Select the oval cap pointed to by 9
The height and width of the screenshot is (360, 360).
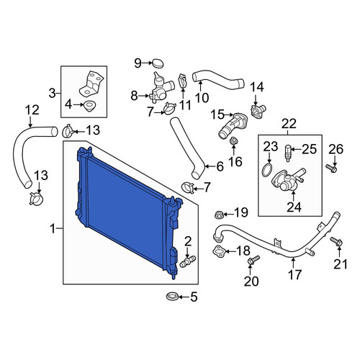[x=158, y=63]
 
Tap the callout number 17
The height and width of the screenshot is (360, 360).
[x=294, y=274]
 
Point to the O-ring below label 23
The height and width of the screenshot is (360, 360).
[x=267, y=170]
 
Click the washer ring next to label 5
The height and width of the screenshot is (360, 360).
[x=172, y=297]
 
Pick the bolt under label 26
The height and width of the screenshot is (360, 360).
[x=331, y=168]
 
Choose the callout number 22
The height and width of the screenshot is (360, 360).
[x=289, y=124]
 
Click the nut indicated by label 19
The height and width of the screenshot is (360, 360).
[x=219, y=214]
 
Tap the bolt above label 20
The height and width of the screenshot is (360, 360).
[x=254, y=260]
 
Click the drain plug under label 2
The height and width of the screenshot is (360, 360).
[x=188, y=261]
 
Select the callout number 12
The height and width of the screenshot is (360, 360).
[x=32, y=110]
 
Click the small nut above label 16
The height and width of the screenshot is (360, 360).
[x=233, y=140]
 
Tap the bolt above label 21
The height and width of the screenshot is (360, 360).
[x=336, y=241]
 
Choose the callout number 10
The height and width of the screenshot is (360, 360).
[x=202, y=98]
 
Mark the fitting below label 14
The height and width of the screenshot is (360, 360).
[x=258, y=110]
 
